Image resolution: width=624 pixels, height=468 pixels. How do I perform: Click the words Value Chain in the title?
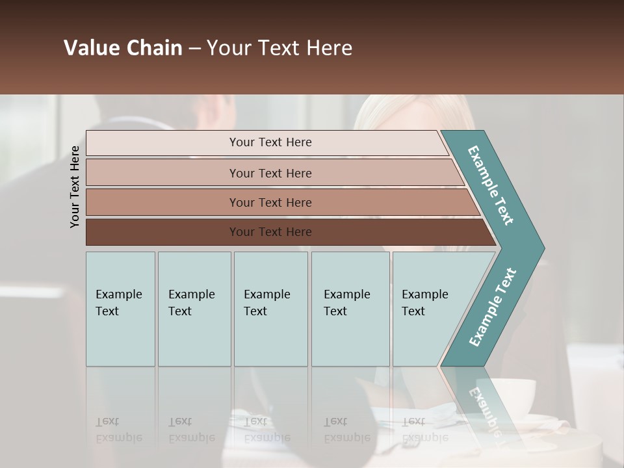123,48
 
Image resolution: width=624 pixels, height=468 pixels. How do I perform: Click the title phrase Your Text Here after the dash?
279,48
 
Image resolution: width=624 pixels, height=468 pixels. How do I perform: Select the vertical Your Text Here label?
75,187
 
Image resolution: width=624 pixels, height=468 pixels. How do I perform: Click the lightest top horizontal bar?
270,142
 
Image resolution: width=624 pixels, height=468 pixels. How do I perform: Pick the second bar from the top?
270,173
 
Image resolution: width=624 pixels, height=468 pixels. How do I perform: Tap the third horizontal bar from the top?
270,202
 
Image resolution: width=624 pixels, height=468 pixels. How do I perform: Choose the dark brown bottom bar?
270,232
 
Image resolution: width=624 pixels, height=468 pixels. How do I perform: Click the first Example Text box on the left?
120,309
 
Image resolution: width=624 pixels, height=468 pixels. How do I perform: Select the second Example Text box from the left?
194,309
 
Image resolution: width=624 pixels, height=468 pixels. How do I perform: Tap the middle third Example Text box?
270,309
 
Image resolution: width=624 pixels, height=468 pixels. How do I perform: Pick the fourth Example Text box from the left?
350,309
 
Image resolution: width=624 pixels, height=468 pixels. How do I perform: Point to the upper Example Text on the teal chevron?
491,185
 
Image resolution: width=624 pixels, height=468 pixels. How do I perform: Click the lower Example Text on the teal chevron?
493,307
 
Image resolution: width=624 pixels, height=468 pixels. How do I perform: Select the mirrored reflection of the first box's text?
118,430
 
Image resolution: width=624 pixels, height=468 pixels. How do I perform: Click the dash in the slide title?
194,49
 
